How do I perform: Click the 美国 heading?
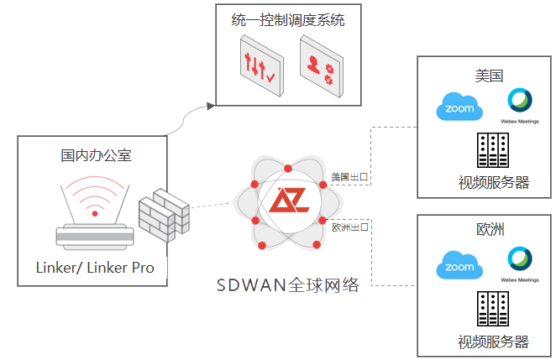[488, 75]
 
